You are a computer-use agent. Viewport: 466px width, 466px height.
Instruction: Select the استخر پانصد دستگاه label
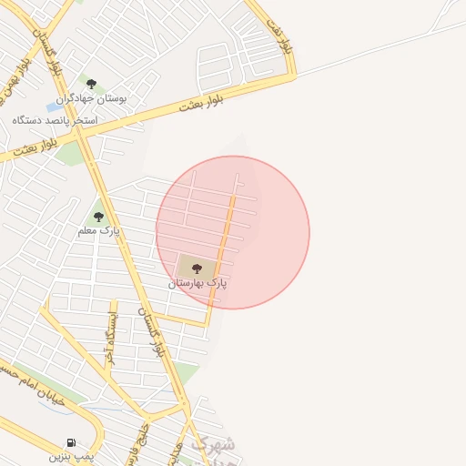pyautogui.click(x=55, y=119)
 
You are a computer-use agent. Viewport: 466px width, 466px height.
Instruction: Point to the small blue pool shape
pyautogui.click(x=55, y=107)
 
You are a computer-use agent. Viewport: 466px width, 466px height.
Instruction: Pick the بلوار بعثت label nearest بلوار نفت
pyautogui.click(x=202, y=100)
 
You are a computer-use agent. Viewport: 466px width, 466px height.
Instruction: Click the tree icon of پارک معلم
pyautogui.click(x=98, y=217)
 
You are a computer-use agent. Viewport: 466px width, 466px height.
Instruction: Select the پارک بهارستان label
pyautogui.click(x=198, y=283)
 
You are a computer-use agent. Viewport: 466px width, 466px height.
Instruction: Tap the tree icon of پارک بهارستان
pyautogui.click(x=197, y=268)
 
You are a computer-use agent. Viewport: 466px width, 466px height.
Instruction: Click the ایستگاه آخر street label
pyautogui.click(x=111, y=338)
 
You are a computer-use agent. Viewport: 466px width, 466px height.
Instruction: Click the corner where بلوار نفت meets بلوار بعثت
pyautogui.click(x=293, y=76)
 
